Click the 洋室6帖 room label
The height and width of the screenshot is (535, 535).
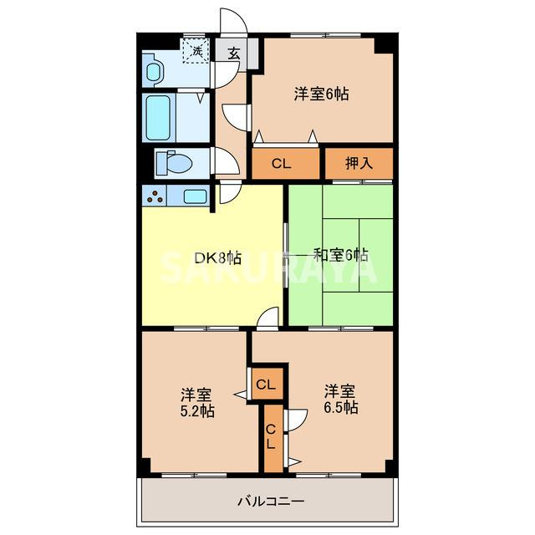point(321,94)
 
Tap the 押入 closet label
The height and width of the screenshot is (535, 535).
point(359,163)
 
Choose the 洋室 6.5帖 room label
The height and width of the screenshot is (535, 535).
point(341,400)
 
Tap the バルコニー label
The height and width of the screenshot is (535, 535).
point(270,502)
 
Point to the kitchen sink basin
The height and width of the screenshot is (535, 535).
point(194,196)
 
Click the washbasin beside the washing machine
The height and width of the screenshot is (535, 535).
point(154,70)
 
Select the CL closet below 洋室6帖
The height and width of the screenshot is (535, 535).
point(281,163)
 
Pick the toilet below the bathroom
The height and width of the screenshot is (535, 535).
point(172,161)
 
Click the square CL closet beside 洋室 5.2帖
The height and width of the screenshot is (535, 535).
point(266,385)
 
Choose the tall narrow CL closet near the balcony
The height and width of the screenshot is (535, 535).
point(271,436)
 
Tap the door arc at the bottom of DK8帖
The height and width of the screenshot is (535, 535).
point(268,318)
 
